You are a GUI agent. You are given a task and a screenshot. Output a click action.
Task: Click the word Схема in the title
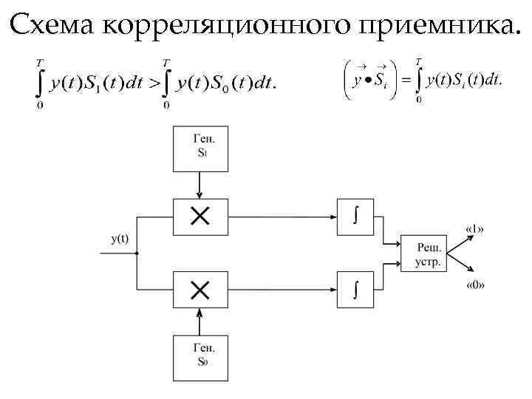(53, 26)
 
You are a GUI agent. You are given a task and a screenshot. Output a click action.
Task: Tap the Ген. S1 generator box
(199, 148)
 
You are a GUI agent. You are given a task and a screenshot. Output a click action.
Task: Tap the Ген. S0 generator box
(199, 358)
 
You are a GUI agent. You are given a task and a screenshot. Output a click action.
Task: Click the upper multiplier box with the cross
(199, 216)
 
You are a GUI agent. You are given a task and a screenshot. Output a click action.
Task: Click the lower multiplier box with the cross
(199, 290)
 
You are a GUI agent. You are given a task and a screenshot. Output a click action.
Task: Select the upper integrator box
(355, 216)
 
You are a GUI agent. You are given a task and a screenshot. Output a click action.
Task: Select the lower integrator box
(355, 290)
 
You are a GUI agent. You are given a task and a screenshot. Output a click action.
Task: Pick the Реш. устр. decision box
(423, 253)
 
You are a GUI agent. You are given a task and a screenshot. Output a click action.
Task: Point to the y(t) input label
(120, 238)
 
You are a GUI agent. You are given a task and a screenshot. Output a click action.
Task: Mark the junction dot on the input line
(137, 253)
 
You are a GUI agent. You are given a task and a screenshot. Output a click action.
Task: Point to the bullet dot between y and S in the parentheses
(367, 81)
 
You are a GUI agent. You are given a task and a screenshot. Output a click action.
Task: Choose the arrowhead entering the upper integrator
(332, 216)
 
